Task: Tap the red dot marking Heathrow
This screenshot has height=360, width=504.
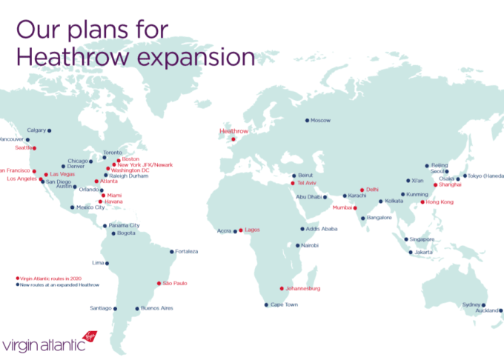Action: (x=233, y=139)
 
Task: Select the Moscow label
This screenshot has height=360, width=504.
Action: (x=320, y=120)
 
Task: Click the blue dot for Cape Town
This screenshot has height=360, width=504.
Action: (x=266, y=304)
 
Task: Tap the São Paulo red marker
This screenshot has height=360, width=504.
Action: (x=159, y=283)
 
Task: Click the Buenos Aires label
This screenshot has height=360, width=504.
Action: (x=157, y=308)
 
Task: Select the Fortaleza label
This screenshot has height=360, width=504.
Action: (x=186, y=252)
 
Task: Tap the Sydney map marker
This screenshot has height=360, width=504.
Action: (x=483, y=304)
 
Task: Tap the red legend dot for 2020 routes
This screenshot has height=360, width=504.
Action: (x=17, y=279)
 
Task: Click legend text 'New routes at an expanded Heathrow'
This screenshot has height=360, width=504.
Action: (x=59, y=284)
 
